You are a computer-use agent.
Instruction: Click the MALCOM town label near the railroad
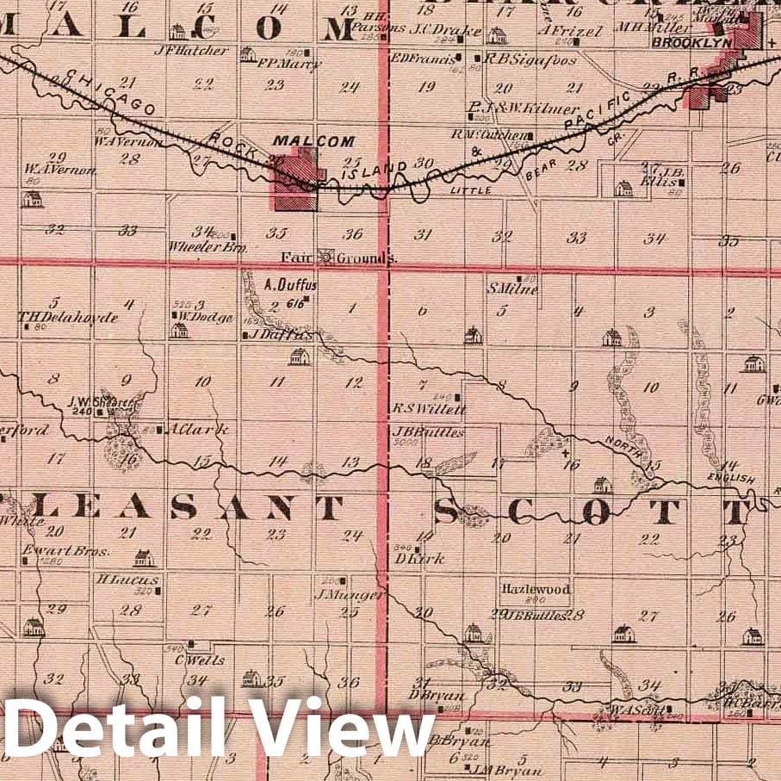tap(301, 140)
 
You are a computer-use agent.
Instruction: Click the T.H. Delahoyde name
tap(68, 317)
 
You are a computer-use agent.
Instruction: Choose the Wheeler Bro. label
tap(208, 246)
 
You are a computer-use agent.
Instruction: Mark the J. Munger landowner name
tap(338, 594)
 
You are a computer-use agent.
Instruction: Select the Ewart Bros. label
tap(77, 551)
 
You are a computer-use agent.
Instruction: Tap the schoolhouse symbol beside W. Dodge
tap(178, 330)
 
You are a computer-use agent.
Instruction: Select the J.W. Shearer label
tap(97, 400)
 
